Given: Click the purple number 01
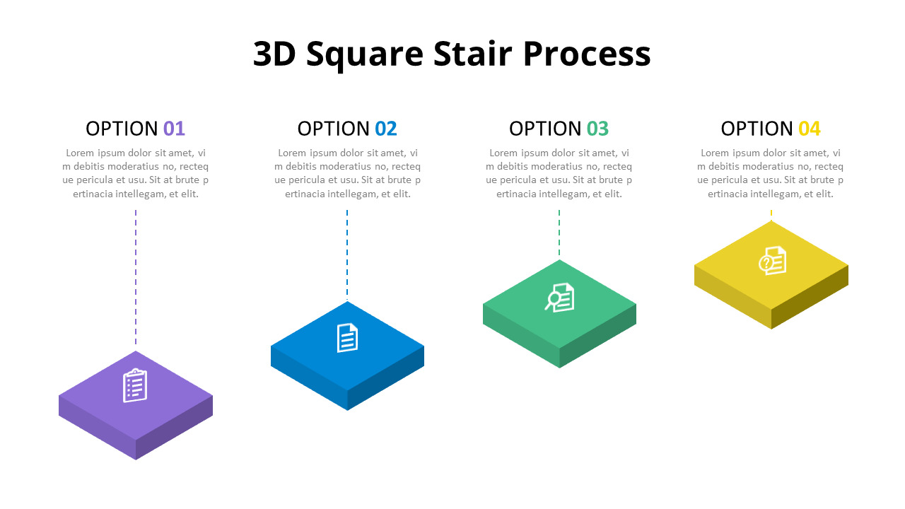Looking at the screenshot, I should click(174, 129).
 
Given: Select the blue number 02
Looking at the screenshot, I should click(386, 129).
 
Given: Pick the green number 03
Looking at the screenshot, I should click(597, 129).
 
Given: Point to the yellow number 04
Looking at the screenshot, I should click(810, 129).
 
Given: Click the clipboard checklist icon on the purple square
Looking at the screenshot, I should click(135, 386).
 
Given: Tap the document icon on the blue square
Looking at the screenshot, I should click(347, 338).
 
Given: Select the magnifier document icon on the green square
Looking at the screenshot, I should click(560, 297).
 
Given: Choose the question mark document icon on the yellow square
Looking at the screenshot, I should click(773, 261).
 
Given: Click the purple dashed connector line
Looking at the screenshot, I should click(136, 276).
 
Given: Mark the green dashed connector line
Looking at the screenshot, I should click(559, 233).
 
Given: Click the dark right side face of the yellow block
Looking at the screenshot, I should click(810, 297).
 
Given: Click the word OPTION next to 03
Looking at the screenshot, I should click(545, 129).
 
